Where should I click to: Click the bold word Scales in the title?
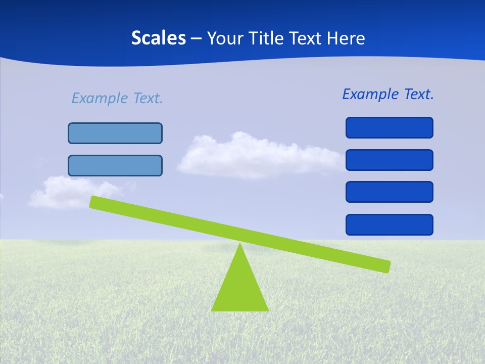[158, 38]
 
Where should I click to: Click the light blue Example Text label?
[117, 98]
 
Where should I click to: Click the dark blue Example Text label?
[388, 94]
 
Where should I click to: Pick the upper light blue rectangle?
[115, 133]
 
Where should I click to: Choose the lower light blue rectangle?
[115, 165]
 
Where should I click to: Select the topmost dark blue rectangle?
[389, 127]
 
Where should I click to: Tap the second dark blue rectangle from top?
[389, 160]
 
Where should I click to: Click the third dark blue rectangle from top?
[389, 192]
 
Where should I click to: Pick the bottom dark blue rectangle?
[389, 224]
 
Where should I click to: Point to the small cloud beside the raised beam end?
[66, 192]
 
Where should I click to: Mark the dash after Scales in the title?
[197, 38]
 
